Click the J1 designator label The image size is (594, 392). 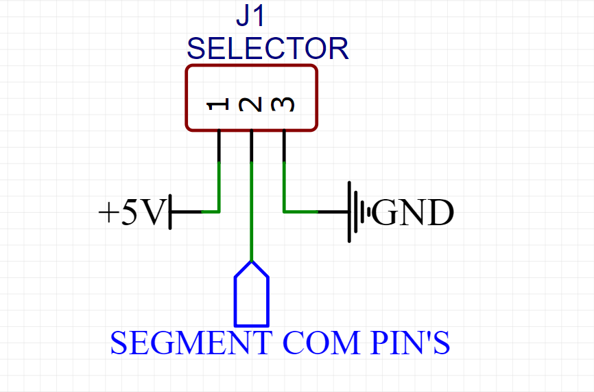[x=250, y=16]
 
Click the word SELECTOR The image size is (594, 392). [x=268, y=49]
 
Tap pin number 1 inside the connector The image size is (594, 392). [x=218, y=104]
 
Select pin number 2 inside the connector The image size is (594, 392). [x=250, y=104]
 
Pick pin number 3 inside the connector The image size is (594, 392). [x=283, y=104]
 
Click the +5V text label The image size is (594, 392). [x=132, y=212]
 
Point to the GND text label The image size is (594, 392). [x=413, y=212]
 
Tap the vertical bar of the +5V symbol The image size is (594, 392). [x=170, y=212]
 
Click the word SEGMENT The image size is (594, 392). [x=191, y=343]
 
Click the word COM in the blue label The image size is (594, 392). [x=321, y=343]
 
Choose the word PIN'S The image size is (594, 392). [x=410, y=343]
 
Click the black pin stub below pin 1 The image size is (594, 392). [x=219, y=146]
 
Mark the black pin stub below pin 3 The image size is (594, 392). [x=285, y=146]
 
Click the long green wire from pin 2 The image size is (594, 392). [x=252, y=211]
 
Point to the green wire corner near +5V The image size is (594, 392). [x=219, y=211]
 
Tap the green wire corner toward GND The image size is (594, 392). [x=285, y=211]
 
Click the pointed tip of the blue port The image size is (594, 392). [x=252, y=261]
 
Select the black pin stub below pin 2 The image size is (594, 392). [x=252, y=146]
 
